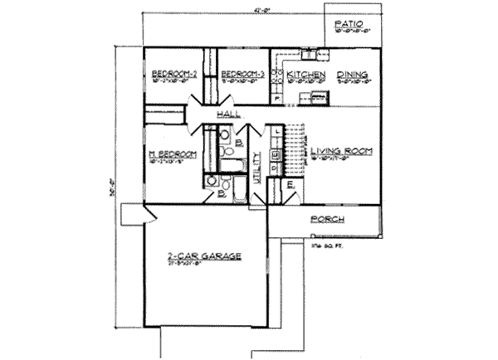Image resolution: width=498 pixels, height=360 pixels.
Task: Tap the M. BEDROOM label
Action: pyautogui.click(x=172, y=154)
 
